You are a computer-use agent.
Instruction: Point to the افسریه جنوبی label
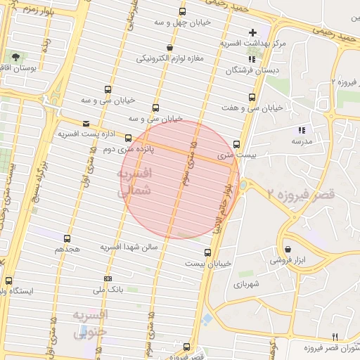tap(90, 322)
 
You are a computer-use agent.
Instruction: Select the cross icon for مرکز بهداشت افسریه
tap(253, 32)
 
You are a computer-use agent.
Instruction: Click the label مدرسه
tap(302, 141)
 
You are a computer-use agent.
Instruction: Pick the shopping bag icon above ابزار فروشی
tap(288, 249)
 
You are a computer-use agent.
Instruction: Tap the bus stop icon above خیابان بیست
tap(207, 252)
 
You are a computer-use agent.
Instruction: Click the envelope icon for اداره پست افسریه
tap(86, 122)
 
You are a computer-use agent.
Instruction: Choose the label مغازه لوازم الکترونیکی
tap(170, 58)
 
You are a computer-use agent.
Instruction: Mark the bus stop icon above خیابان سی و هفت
tap(252, 97)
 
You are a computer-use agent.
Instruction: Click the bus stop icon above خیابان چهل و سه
tap(183, 12)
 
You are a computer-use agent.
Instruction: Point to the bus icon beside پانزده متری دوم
tap(129, 138)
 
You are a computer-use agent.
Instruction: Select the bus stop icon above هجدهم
tap(67, 239)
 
